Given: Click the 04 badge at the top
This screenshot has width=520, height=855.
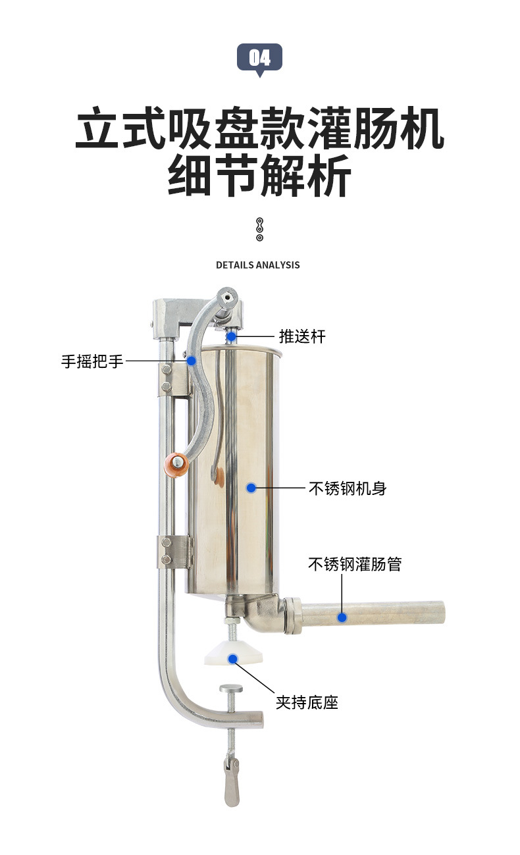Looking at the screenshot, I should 259,58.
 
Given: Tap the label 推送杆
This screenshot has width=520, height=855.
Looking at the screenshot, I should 302,337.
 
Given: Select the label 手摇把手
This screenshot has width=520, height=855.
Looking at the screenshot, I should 92,361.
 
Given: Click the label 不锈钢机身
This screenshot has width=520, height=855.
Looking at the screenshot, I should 347,488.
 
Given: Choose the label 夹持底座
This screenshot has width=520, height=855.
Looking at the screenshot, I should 307,703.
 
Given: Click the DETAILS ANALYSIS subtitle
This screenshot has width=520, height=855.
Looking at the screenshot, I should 257,265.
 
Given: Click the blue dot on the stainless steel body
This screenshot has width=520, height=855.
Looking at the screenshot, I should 251,488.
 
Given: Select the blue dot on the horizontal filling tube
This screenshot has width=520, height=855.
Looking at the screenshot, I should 342,617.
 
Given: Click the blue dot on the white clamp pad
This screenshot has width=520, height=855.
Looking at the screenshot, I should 232,658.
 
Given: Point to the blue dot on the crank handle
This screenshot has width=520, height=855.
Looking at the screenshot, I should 192,361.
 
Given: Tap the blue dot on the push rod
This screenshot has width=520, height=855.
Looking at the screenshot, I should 232,337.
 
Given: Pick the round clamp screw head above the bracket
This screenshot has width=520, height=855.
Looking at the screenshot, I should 230,688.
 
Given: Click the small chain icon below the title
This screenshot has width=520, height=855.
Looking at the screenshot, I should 259,228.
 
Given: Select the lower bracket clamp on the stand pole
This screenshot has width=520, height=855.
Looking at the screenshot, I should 174,552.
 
